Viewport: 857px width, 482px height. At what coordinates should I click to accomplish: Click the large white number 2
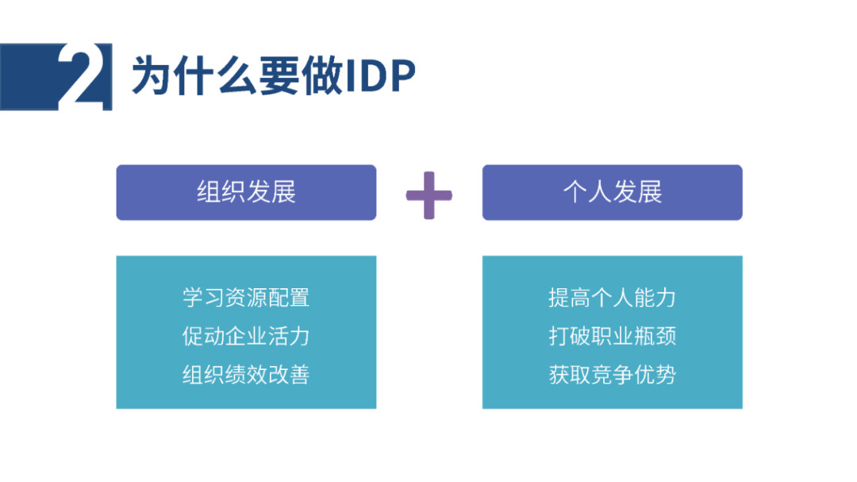[82, 75]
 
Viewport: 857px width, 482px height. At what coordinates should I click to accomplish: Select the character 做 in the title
[322, 75]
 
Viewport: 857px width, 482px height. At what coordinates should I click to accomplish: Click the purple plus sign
[429, 195]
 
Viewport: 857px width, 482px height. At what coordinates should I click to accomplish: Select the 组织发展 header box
[246, 193]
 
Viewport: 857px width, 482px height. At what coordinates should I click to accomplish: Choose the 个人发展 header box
[612, 193]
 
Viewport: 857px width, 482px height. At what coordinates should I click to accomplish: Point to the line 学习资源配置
[246, 298]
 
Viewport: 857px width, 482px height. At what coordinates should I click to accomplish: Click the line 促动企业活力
[246, 336]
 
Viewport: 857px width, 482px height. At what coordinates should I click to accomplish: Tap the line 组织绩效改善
[246, 375]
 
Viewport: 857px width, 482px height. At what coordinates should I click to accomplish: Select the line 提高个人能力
[612, 298]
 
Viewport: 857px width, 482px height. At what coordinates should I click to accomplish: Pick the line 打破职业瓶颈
[612, 336]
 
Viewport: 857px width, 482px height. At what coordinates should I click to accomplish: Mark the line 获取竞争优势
[612, 375]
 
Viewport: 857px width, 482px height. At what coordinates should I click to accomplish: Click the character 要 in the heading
[279, 75]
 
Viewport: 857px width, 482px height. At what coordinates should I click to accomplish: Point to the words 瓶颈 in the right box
[655, 336]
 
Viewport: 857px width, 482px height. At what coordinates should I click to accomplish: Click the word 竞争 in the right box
[612, 375]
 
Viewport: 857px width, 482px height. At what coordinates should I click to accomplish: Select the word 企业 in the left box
[246, 336]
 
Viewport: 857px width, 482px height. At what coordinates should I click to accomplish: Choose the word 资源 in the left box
[246, 298]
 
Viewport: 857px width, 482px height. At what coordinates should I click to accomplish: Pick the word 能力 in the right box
[655, 298]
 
